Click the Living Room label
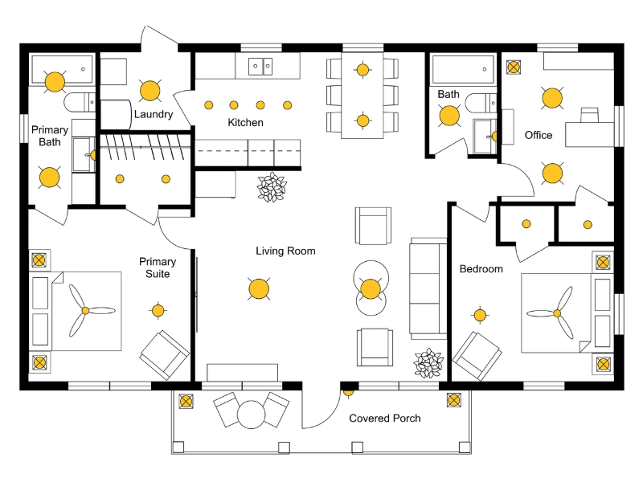coord(285,251)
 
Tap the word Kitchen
coord(245,123)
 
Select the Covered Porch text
coord(384,419)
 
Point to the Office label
coord(539,135)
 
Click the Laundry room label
coord(153,114)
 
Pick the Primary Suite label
coord(157,268)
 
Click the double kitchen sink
coord(260,66)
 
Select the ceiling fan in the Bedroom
coord(557,313)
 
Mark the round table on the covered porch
coord(251,415)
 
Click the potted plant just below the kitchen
coord(271,186)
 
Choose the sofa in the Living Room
coord(428,286)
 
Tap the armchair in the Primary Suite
coord(165,354)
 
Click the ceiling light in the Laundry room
coord(149,90)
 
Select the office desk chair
coord(590,114)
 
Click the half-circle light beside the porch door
coord(348,392)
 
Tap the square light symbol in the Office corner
coord(512,68)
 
